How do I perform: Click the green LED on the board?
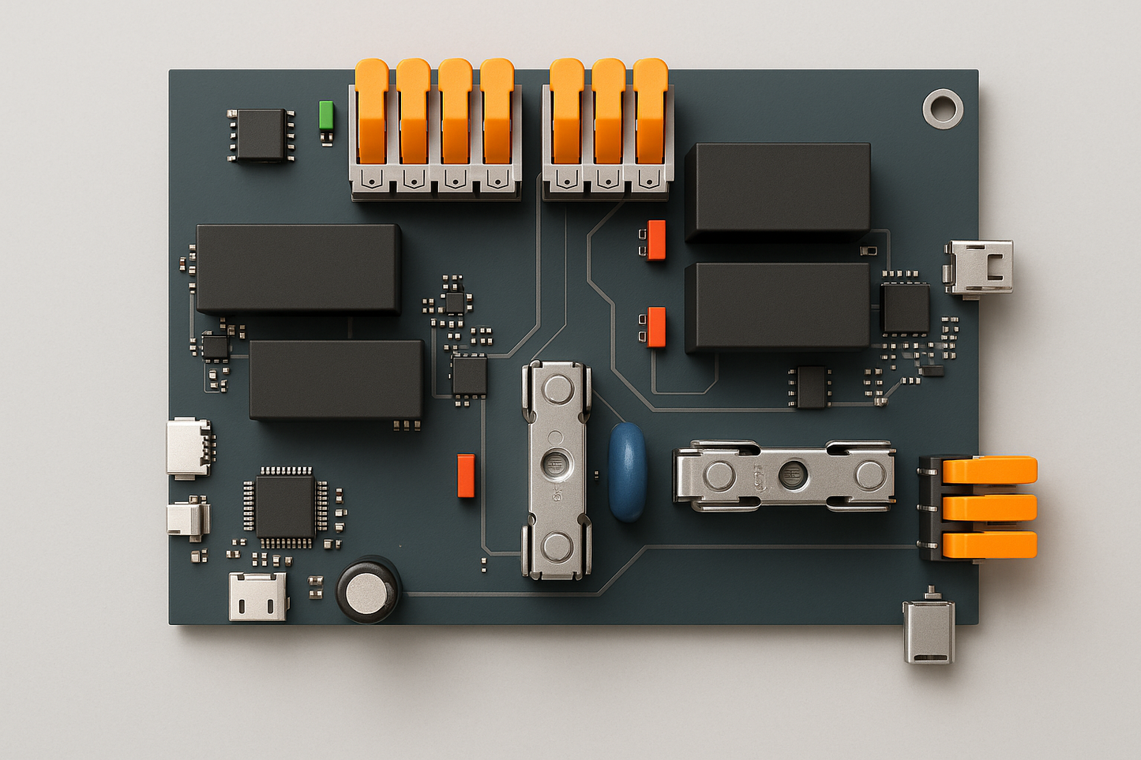point(326,115)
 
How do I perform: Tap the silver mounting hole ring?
point(943,108)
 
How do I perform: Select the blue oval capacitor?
point(627,471)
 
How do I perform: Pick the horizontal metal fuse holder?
point(784,475)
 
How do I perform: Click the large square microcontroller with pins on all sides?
point(285,507)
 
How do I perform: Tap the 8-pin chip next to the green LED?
point(261,135)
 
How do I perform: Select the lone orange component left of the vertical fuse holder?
point(466,475)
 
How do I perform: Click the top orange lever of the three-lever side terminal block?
point(989,470)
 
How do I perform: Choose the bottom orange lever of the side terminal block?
point(989,545)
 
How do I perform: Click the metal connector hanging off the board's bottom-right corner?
point(929,631)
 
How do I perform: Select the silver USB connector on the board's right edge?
point(980,268)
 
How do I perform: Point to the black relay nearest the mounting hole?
point(779,190)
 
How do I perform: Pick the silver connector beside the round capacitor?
point(257,596)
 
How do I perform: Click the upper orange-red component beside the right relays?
point(655,240)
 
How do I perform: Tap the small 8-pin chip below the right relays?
point(811,387)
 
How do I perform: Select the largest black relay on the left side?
point(298,268)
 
